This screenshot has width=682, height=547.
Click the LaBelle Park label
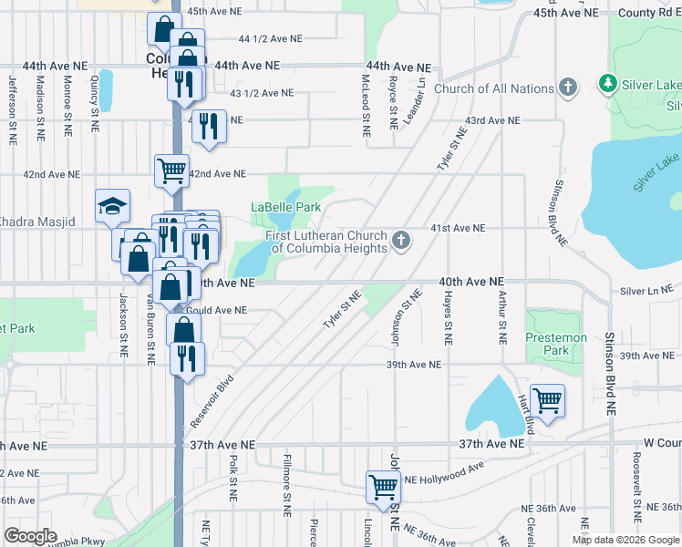tap(285, 207)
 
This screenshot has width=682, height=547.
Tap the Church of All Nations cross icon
tap(569, 88)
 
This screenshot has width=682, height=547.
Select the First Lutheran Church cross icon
tap(400, 242)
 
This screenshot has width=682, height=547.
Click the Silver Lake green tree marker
tap(607, 85)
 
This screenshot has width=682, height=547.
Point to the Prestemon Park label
tap(556, 344)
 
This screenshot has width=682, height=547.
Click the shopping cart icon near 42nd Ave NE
tap(170, 170)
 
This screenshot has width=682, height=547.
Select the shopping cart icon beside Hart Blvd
tap(547, 399)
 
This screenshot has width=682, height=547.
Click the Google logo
tap(30, 536)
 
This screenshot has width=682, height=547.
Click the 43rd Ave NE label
tap(491, 120)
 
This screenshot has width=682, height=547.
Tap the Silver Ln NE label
tap(646, 291)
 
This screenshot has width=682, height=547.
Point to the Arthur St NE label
tap(501, 315)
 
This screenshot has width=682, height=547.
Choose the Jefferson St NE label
tap(13, 106)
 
